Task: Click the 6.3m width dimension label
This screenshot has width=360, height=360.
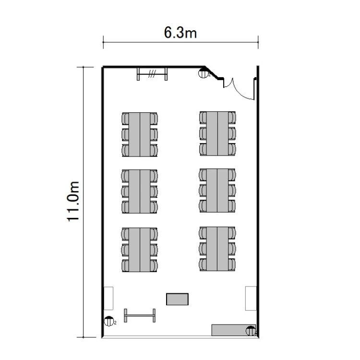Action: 180,32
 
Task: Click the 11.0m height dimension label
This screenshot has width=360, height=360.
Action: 73,202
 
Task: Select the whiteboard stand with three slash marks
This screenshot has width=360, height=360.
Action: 152,74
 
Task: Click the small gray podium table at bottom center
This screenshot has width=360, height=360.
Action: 177,299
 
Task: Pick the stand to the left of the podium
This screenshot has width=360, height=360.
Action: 140,315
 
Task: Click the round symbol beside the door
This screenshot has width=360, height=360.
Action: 203,73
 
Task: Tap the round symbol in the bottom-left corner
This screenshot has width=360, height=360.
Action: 109,321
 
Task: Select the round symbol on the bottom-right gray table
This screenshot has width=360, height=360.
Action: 251,331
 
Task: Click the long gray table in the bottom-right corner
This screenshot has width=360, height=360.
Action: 233,330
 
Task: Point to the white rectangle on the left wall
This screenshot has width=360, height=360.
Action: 108,298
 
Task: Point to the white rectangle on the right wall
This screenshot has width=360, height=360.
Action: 251,298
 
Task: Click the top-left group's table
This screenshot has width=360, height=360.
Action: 140,134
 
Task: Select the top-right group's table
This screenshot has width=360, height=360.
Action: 217,133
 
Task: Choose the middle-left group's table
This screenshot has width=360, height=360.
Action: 140,192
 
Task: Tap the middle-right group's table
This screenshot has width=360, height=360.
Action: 217,191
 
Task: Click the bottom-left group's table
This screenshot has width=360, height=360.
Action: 140,250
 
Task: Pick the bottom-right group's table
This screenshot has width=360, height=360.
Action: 217,249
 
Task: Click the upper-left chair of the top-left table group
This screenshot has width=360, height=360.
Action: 125,119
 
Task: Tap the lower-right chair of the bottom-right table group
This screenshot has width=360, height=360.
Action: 232,264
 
